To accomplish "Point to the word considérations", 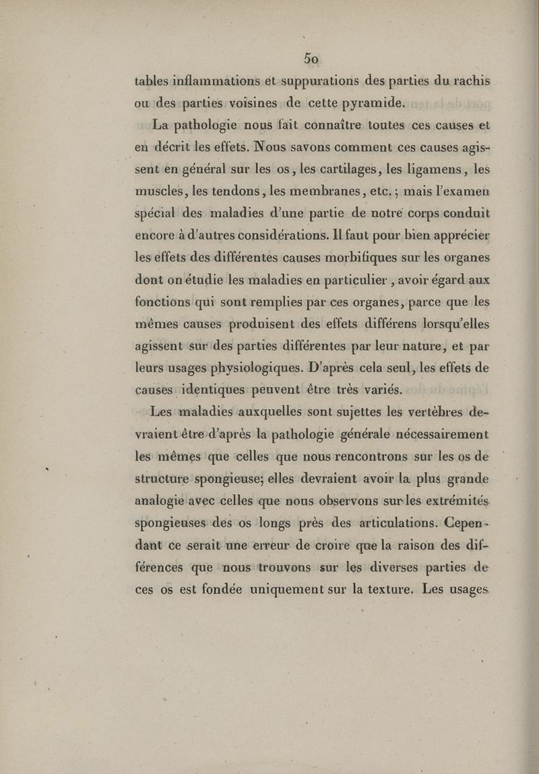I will (266, 237).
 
